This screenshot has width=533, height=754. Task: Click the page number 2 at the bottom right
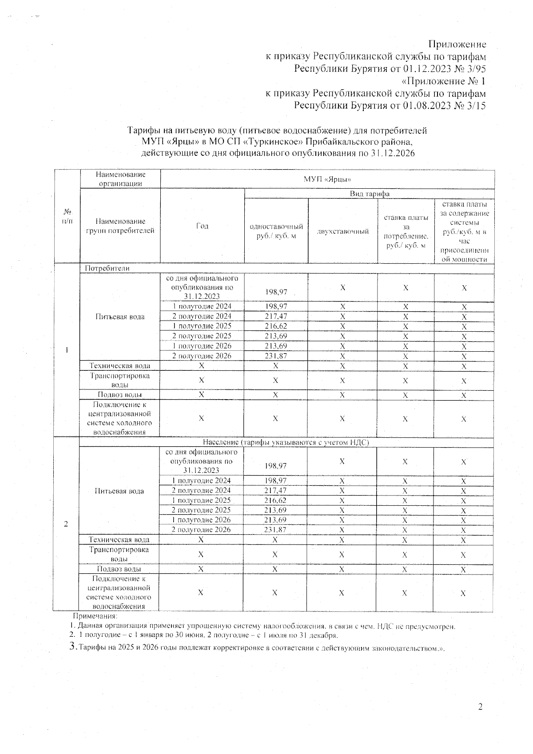tap(480, 706)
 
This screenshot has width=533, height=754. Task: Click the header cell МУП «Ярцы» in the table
tap(327, 179)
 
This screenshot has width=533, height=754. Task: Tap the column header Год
tap(202, 226)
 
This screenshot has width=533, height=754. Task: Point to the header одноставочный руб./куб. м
tap(276, 231)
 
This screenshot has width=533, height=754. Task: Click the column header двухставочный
tap(342, 231)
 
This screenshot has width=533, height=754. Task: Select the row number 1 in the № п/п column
tap(67, 350)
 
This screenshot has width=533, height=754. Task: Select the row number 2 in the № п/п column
tap(66, 524)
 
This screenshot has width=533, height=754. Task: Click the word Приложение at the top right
tap(457, 44)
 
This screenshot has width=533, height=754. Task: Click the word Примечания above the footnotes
tap(95, 616)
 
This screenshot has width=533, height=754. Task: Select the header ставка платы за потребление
tap(406, 231)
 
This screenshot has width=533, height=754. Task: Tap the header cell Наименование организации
tap(120, 179)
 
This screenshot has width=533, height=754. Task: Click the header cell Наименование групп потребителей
tap(120, 226)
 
